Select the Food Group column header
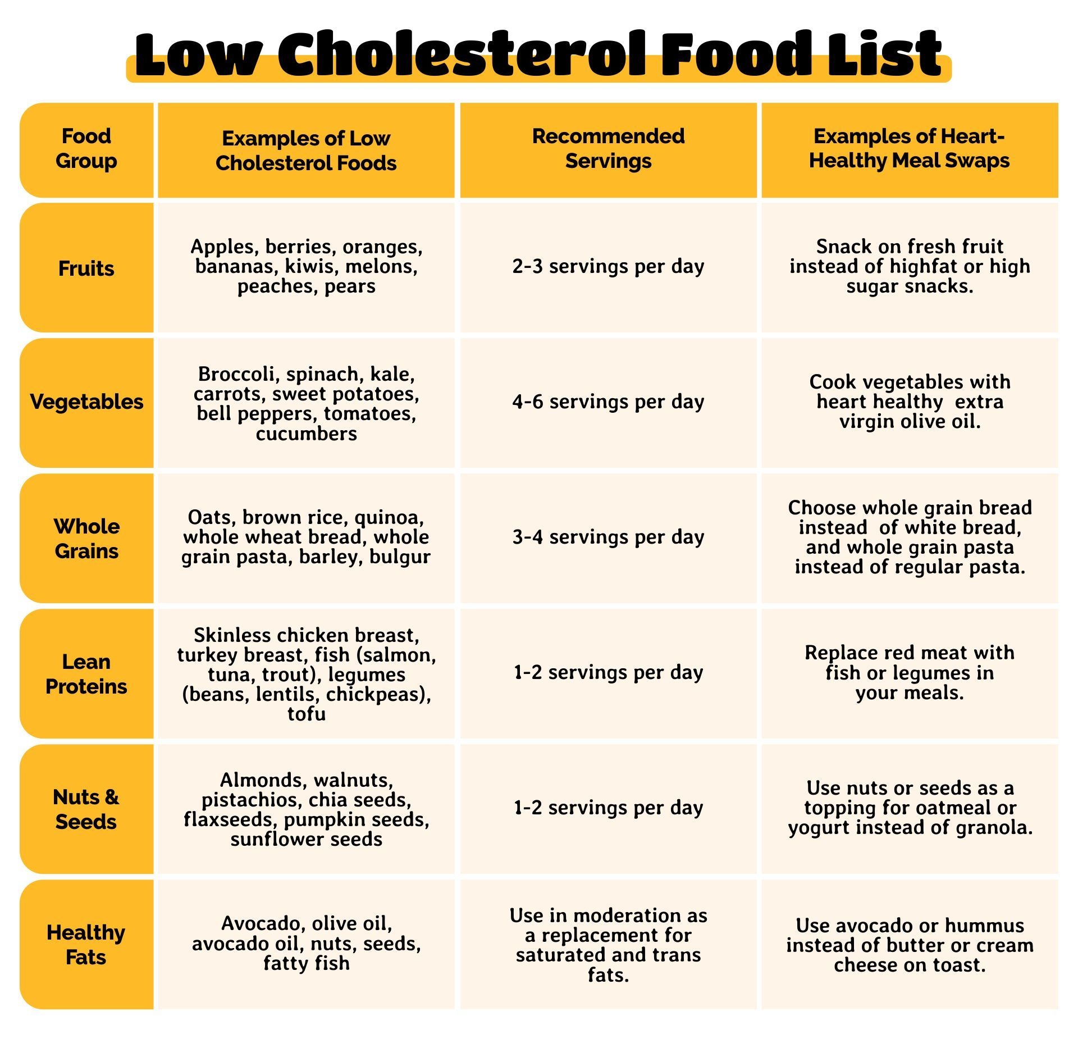point(86,149)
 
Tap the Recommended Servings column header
point(608,149)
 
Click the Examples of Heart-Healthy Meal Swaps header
point(909,149)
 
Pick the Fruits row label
point(86,268)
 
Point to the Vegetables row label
point(86,402)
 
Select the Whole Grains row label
point(86,539)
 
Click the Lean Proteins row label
point(86,674)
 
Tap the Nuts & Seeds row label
point(86,809)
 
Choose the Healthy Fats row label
point(86,945)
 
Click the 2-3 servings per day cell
point(608,266)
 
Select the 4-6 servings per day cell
point(608,402)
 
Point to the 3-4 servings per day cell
point(608,537)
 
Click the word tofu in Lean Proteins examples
point(307,714)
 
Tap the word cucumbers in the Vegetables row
point(307,434)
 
